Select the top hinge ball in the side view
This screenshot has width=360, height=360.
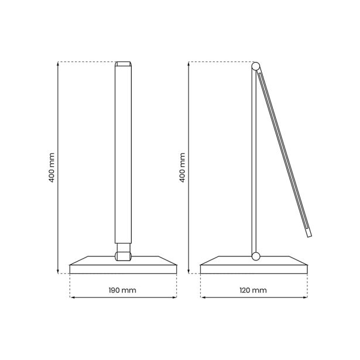255,65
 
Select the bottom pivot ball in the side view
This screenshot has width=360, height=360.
255,256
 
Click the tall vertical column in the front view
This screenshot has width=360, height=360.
123,158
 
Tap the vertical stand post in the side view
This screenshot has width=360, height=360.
254,164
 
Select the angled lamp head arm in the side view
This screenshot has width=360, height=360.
283,152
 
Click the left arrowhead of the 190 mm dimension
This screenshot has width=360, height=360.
71,297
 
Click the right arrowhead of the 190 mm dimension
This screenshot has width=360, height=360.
175,297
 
